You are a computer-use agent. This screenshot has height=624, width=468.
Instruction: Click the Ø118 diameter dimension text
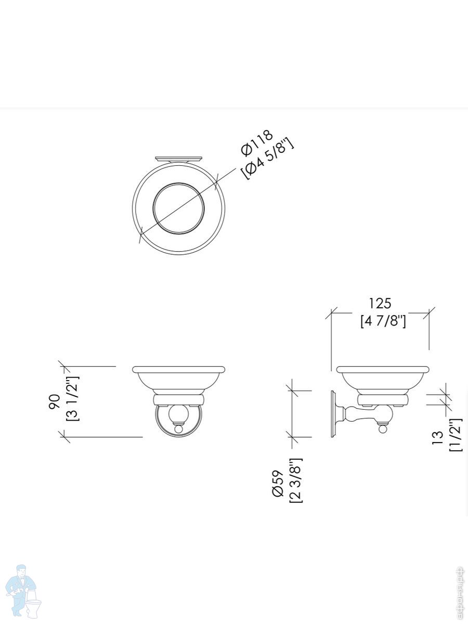pyautogui.click(x=257, y=142)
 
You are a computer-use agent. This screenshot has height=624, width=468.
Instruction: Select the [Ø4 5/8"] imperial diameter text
pyautogui.click(x=267, y=159)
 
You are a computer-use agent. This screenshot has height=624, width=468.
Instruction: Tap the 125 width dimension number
pyautogui.click(x=380, y=303)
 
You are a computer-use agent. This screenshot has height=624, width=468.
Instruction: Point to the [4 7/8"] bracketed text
pyautogui.click(x=383, y=321)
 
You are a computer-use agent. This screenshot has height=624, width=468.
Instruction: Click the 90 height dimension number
pyautogui.click(x=54, y=401)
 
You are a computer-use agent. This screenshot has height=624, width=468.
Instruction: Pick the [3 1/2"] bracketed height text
pyautogui.click(x=73, y=398)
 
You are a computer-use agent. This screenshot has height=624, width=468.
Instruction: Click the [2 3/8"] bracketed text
pyautogui.click(x=296, y=480)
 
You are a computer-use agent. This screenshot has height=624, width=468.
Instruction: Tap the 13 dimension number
pyautogui.click(x=438, y=438)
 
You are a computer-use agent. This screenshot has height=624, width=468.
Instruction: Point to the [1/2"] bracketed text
pyautogui.click(x=456, y=435)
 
